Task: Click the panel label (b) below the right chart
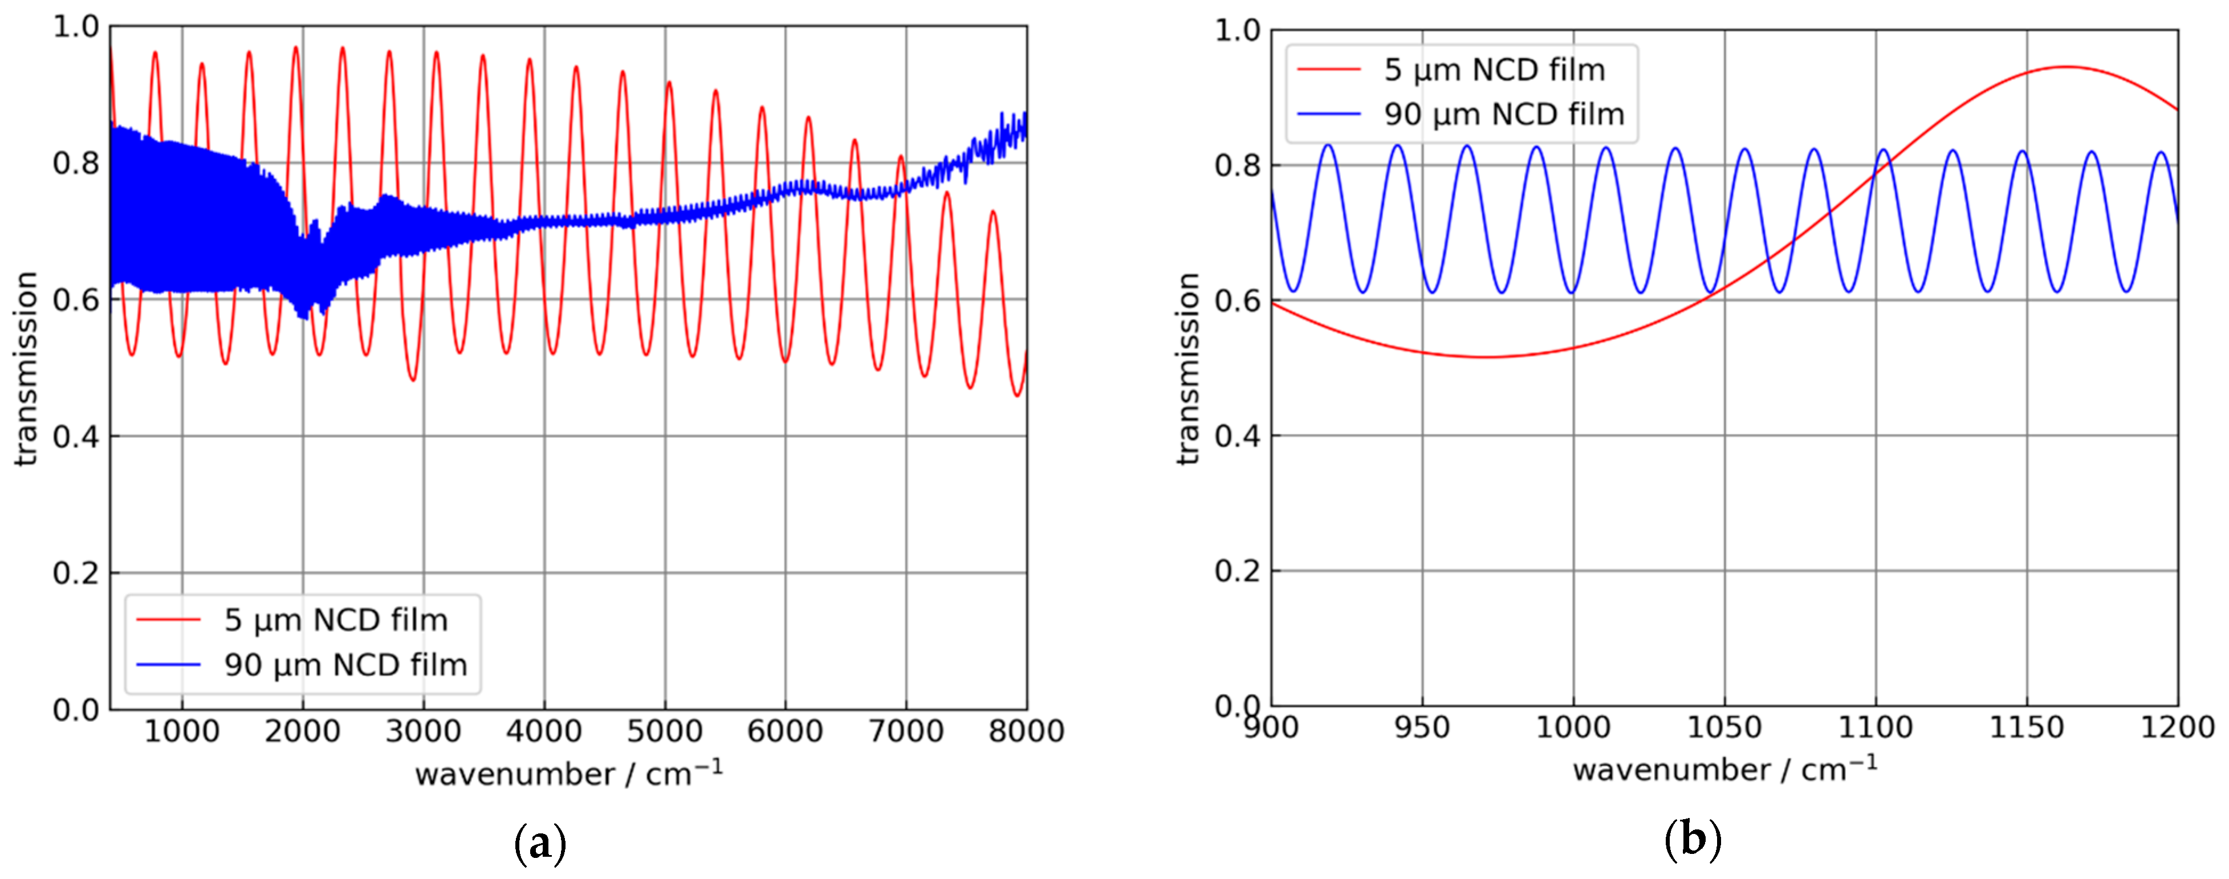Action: pos(1693,839)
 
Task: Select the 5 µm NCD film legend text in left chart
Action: pos(336,620)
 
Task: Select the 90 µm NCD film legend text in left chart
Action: pos(345,665)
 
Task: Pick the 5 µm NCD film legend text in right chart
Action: pos(1494,70)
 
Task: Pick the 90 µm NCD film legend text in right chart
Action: pos(1504,114)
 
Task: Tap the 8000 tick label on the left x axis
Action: pos(1026,732)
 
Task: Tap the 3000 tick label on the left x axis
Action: pos(423,732)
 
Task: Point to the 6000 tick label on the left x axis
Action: pos(785,732)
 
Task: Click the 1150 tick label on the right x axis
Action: pos(2027,727)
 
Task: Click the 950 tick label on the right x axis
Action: pos(1422,727)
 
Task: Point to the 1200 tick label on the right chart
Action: pos(2177,727)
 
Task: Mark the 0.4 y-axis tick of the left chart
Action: pos(76,437)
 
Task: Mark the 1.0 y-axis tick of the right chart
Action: pos(1238,31)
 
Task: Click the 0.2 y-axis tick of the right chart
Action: pos(1238,572)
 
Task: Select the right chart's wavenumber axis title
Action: pos(1724,769)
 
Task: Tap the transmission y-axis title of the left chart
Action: pos(28,369)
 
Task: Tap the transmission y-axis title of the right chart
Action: pos(1189,369)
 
